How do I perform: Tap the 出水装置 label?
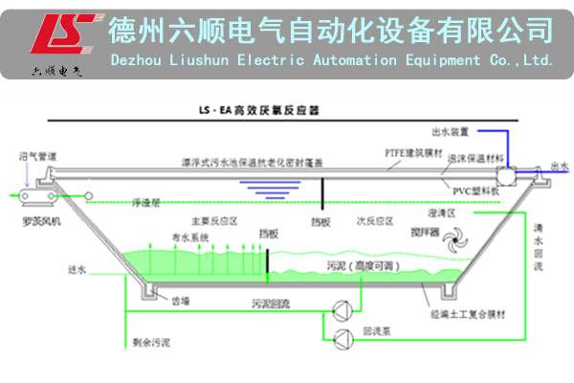pyautogui.click(x=450, y=131)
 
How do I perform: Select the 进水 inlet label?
pyautogui.click(x=77, y=272)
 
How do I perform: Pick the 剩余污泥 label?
pyautogui.click(x=142, y=340)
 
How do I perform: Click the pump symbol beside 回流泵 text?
pyautogui.click(x=341, y=336)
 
